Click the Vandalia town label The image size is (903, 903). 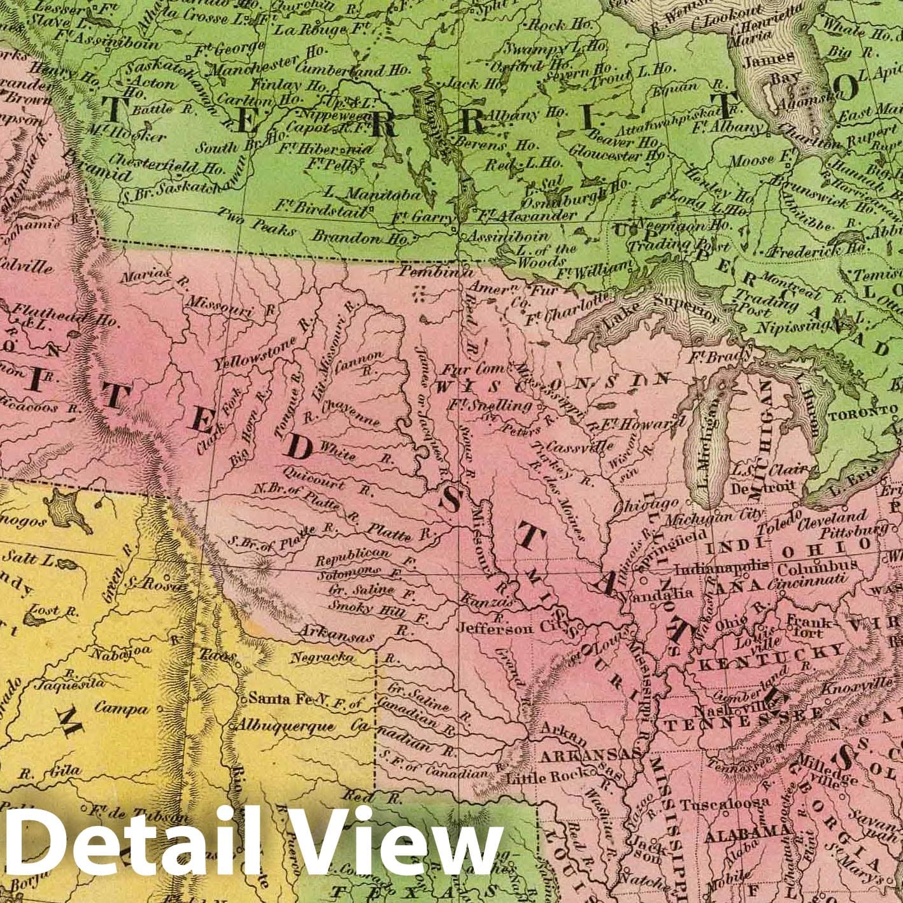point(665,592)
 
